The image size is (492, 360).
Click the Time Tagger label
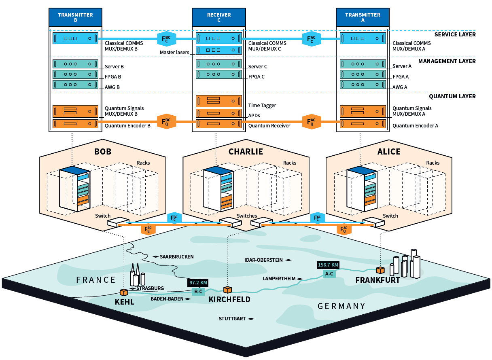coord(262,106)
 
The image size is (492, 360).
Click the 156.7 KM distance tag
coord(328,265)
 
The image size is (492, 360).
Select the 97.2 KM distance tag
coord(198,283)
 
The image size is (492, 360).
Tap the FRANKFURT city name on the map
coord(377,280)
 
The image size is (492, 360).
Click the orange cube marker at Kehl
coord(124,292)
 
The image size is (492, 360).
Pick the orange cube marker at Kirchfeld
coord(228,290)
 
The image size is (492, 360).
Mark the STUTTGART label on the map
coord(232,319)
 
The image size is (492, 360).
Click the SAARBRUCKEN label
coord(177,257)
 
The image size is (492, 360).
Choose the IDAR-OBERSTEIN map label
coord(264,260)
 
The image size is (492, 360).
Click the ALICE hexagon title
coord(389,152)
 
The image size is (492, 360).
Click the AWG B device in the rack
coord(75,85)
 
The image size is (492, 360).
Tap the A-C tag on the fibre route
coord(329,274)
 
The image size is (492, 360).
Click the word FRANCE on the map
coord(96,280)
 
